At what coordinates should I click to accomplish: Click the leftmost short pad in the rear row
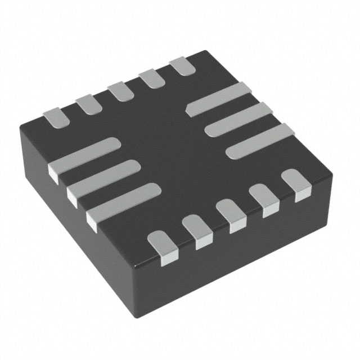pyautogui.click(x=55, y=116)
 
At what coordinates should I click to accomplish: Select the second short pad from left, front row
pyautogui.click(x=196, y=229)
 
